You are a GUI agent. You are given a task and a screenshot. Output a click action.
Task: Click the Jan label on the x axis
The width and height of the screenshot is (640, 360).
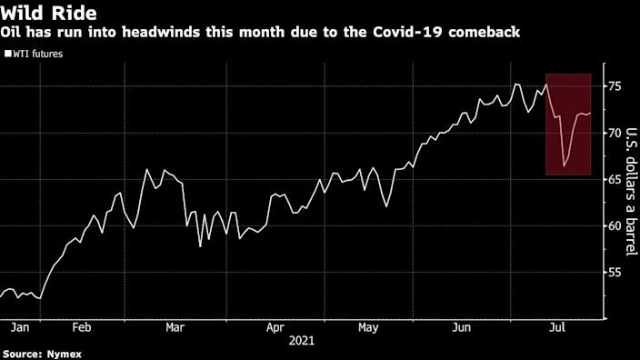click(x=15, y=325)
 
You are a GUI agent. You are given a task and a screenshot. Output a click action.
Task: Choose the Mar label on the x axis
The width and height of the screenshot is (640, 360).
click(x=175, y=325)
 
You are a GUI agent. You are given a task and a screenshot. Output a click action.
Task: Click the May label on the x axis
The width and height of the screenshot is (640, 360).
click(x=369, y=325)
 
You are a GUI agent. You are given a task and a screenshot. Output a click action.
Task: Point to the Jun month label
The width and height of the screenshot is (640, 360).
click(x=463, y=325)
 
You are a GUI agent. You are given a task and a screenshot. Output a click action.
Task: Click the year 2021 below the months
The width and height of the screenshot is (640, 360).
click(x=303, y=340)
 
